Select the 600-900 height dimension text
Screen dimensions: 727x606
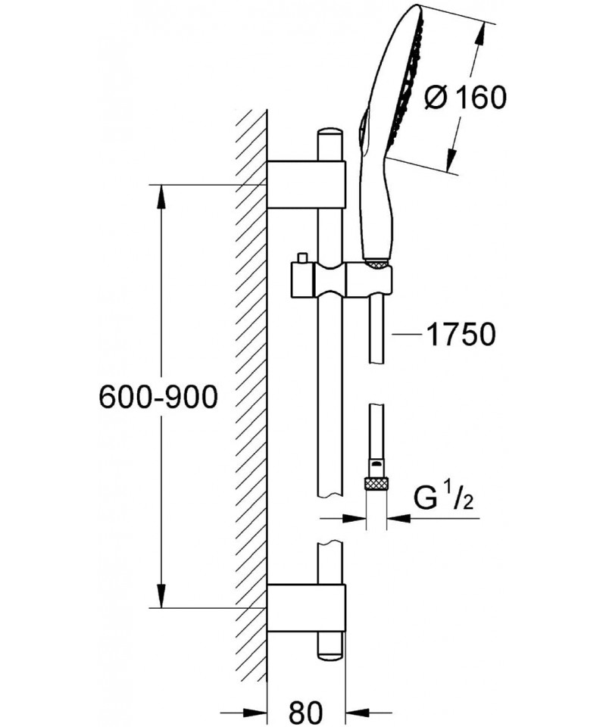point(158,397)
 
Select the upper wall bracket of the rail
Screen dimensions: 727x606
point(306,185)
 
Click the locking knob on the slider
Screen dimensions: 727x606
point(301,259)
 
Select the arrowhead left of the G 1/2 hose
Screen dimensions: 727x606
point(356,519)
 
